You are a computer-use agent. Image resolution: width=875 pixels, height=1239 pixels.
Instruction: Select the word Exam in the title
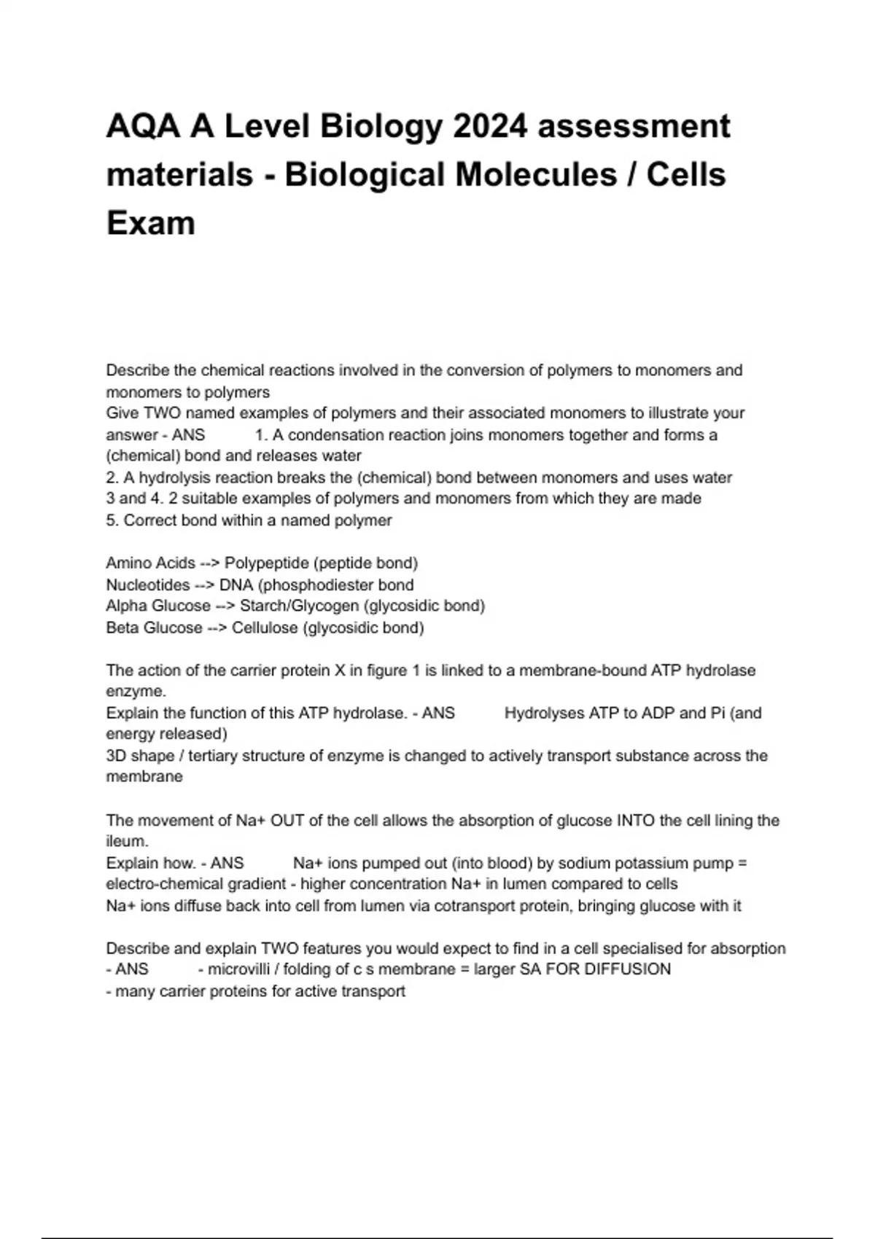pyautogui.click(x=151, y=223)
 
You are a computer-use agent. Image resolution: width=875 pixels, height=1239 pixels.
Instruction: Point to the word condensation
pyautogui.click(x=336, y=435)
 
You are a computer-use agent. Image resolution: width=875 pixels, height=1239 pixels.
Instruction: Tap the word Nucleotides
pyautogui.click(x=148, y=585)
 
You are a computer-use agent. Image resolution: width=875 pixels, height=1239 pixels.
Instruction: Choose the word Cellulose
pyautogui.click(x=265, y=628)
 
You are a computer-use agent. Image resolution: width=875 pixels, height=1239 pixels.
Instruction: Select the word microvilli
pyautogui.click(x=238, y=970)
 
